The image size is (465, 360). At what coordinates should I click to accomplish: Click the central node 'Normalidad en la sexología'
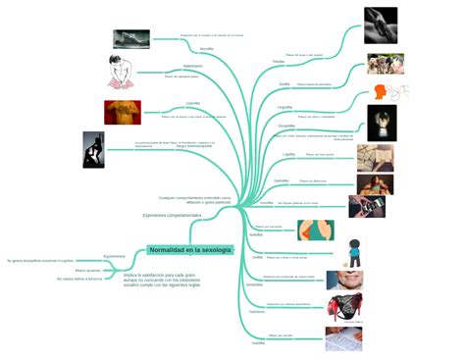point(191,250)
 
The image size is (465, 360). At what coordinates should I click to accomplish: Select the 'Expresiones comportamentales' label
point(172,215)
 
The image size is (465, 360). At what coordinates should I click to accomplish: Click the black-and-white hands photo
point(381,25)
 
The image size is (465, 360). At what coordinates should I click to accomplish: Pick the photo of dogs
point(385,64)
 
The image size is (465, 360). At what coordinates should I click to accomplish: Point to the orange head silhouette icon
point(382,92)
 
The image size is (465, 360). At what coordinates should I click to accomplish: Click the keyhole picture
point(382,123)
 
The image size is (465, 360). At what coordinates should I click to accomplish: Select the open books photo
point(374,158)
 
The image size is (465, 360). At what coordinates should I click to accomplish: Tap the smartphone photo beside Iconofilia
point(366,206)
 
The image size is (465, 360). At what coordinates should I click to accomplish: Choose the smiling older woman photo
point(344,281)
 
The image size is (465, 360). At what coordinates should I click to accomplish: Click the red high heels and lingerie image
point(345,307)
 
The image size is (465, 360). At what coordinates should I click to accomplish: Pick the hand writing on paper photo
point(343,339)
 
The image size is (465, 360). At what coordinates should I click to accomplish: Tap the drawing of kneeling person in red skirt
point(121,72)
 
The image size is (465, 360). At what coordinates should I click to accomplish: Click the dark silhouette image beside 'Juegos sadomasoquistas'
point(93,149)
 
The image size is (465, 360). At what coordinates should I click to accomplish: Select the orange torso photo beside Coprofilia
point(123,112)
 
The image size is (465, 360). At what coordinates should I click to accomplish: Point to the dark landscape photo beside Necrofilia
point(131,38)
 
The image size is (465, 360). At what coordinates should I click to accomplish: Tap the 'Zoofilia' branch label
point(279,61)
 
